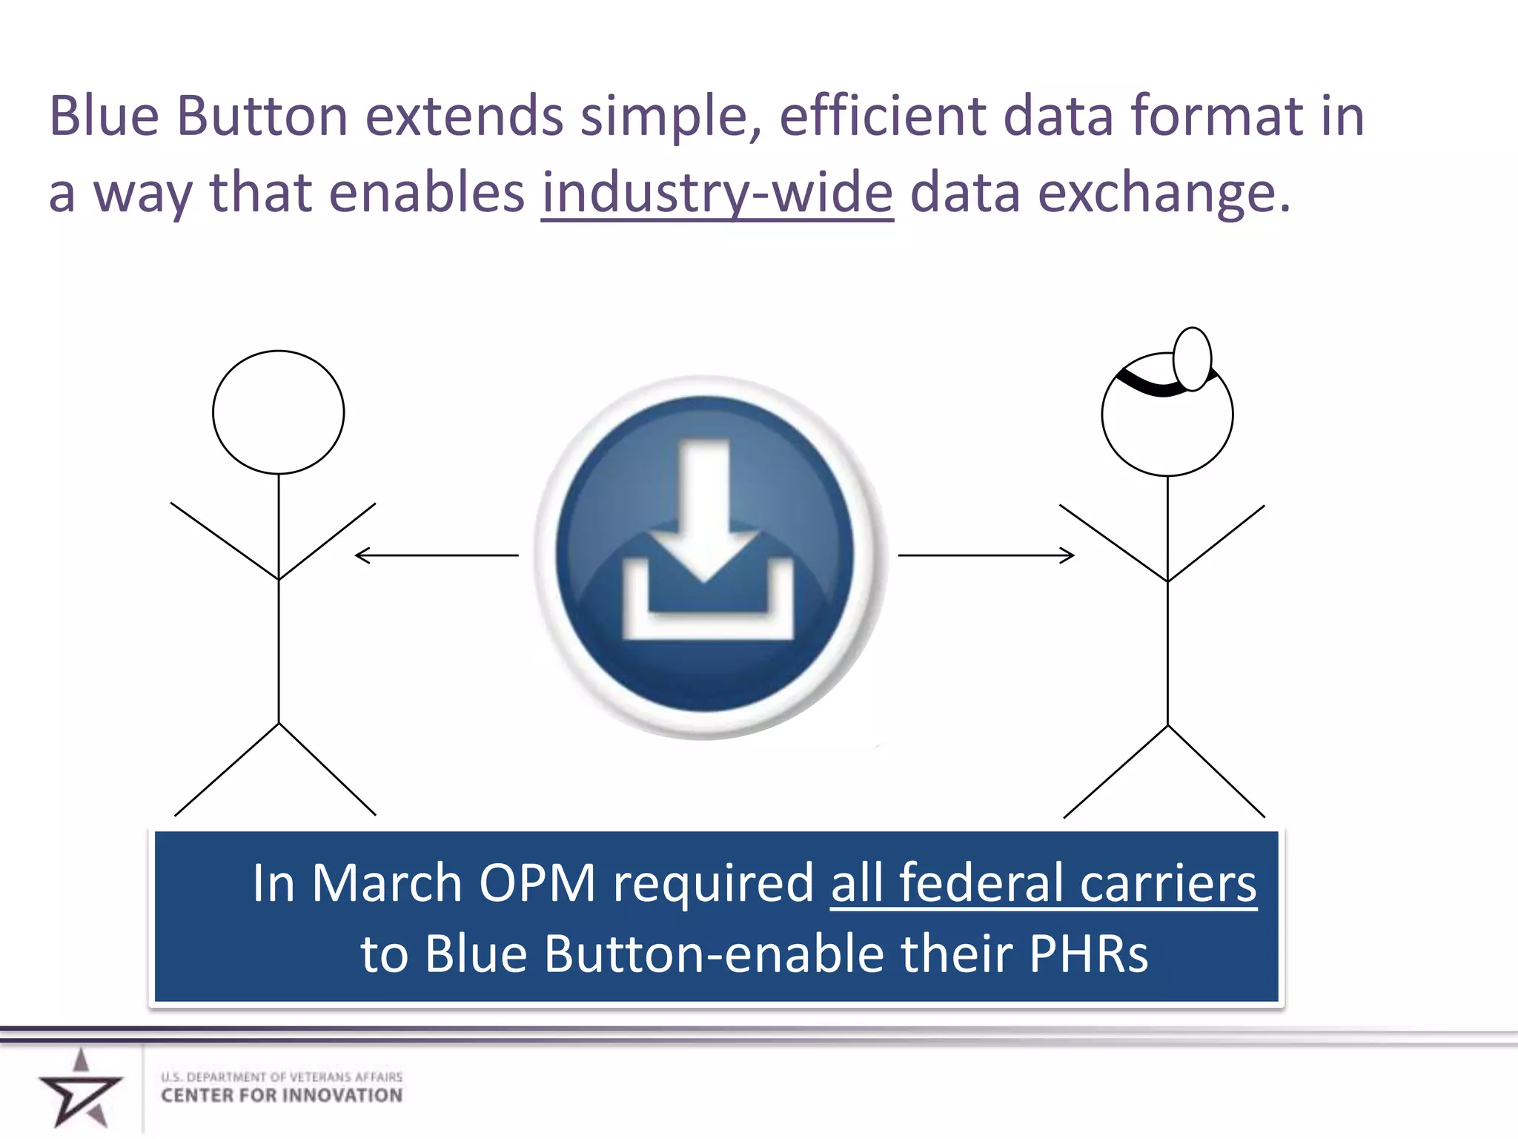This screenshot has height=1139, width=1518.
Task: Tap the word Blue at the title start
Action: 104,116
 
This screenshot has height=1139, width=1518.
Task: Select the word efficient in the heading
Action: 882,116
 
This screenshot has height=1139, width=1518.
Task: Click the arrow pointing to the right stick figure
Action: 986,555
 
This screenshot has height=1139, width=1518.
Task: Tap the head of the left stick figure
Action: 278,412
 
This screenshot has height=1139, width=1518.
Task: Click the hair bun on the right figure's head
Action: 1192,359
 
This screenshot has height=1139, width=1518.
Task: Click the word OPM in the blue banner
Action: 537,883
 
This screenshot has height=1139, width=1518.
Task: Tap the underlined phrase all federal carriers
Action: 1043,883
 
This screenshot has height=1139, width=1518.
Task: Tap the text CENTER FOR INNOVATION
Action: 282,1096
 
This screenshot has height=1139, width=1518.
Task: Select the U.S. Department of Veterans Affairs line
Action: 282,1076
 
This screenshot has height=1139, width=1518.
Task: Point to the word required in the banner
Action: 713,885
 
